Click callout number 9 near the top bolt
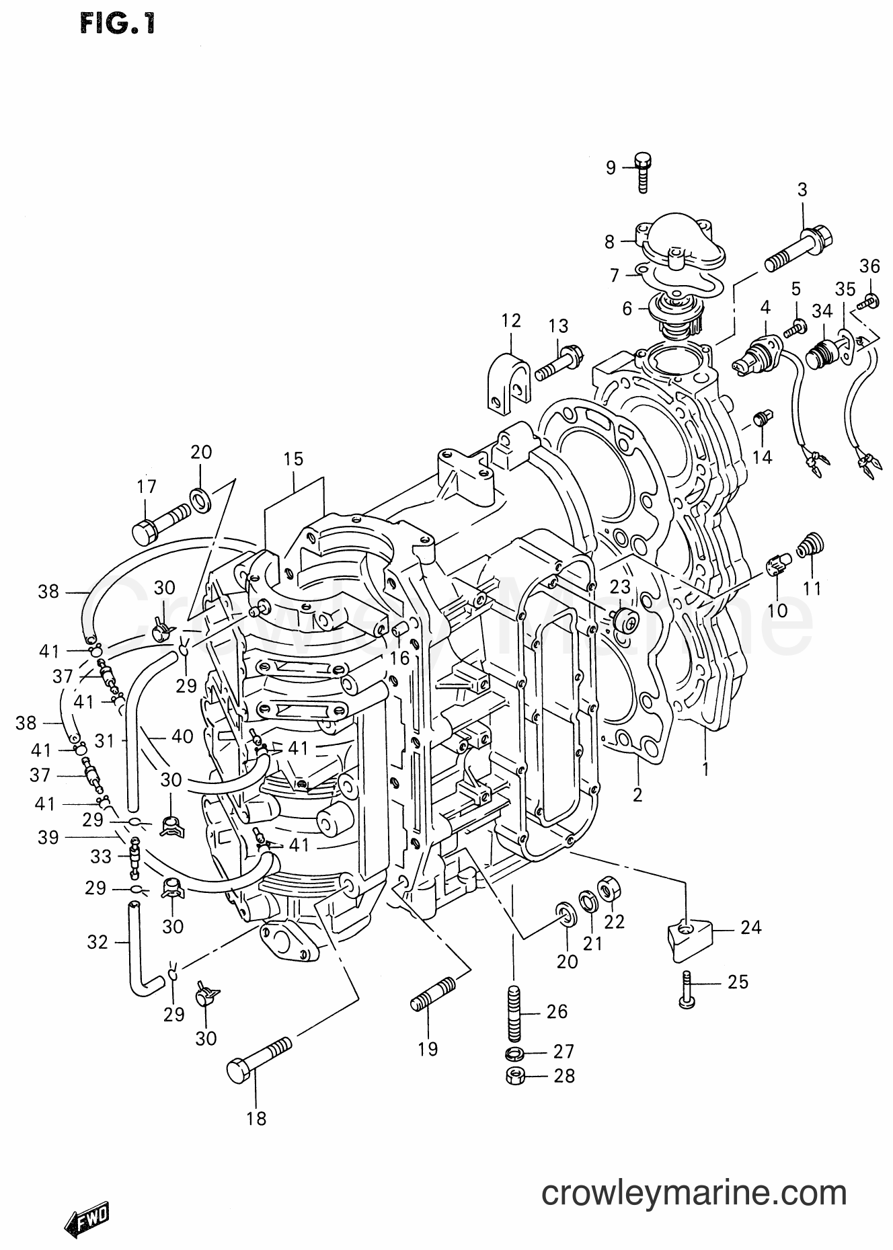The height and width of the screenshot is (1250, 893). pos(610,167)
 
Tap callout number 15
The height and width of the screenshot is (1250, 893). pos(293,459)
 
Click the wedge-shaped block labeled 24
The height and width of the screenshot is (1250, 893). pos(690,937)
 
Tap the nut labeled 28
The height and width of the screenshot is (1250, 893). pos(514,1077)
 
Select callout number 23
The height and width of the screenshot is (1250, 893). pos(619,587)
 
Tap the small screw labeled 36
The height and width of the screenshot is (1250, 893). pos(869,298)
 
